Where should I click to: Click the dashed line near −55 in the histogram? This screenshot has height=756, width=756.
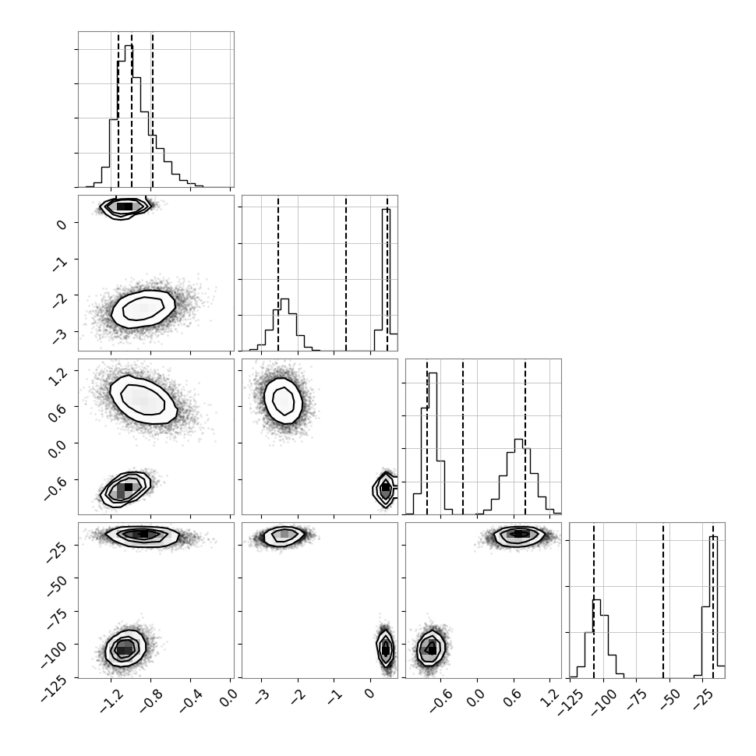click(663, 600)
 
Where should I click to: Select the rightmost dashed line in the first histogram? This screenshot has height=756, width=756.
click(152, 109)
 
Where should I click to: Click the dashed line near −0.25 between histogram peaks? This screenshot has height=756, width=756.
click(463, 436)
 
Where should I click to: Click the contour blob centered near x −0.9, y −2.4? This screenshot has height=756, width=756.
click(143, 309)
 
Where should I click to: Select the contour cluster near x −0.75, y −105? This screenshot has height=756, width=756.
click(431, 648)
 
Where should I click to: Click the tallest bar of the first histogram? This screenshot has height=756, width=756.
click(129, 115)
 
